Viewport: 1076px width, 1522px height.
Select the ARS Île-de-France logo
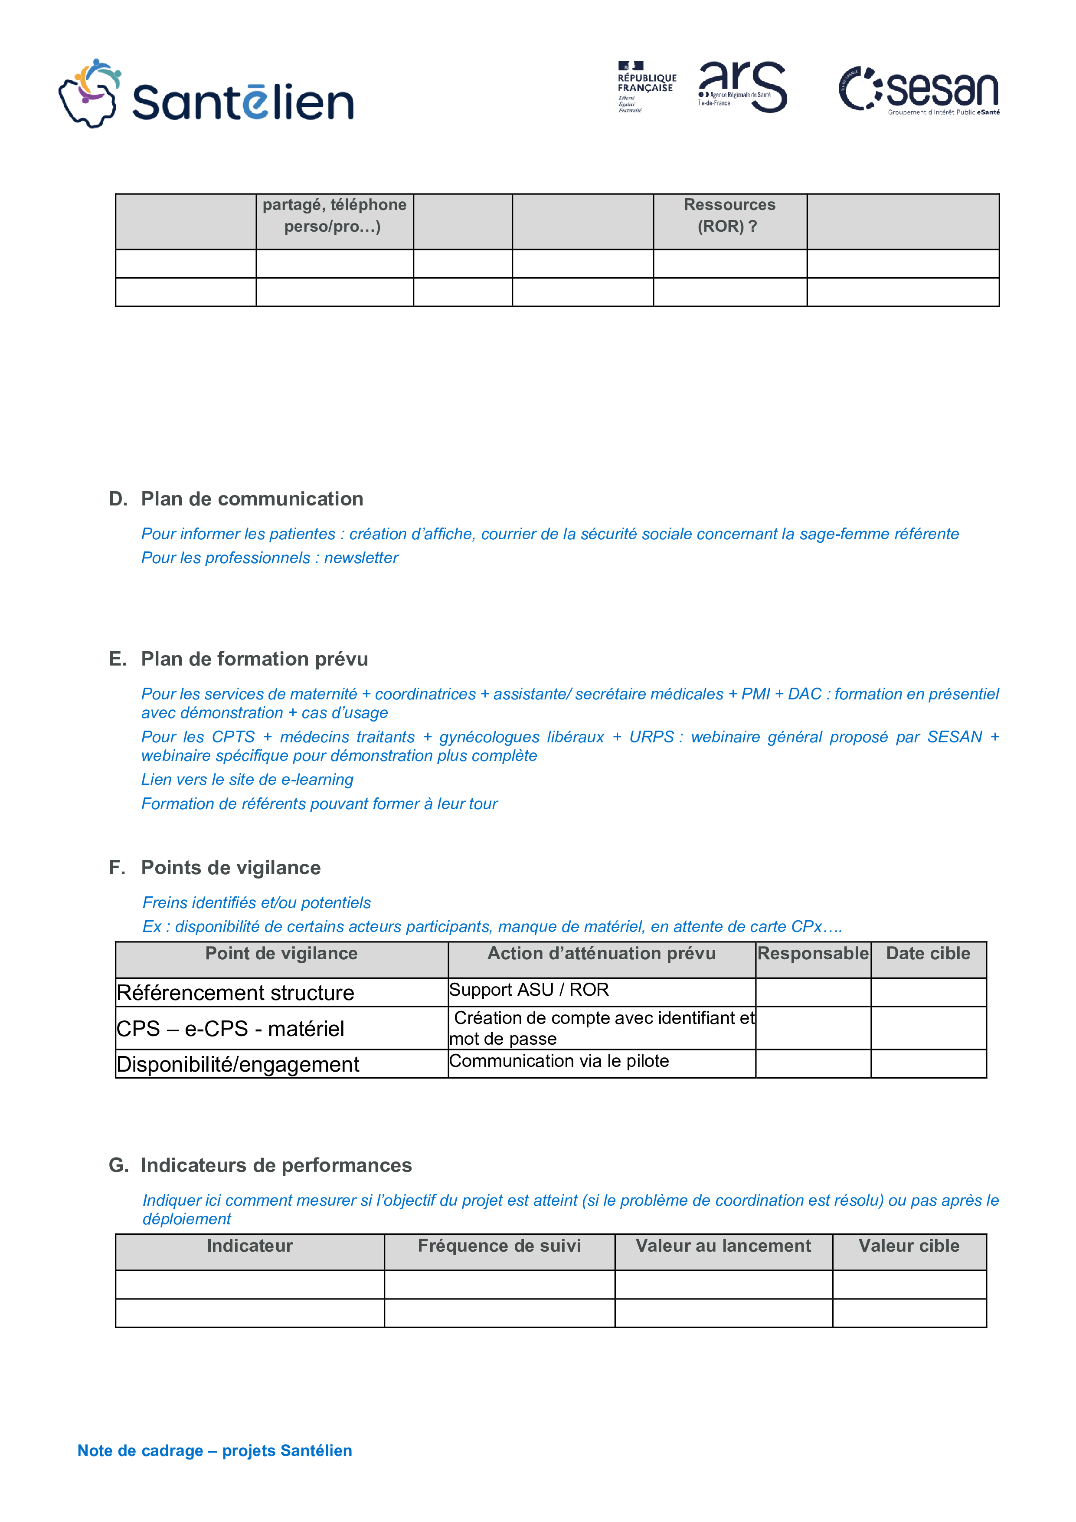point(742,87)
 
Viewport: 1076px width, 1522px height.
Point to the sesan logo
point(919,91)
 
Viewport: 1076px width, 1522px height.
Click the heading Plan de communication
point(252,499)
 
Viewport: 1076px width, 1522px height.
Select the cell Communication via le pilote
point(559,1061)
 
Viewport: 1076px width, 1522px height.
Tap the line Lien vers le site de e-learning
point(247,780)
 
